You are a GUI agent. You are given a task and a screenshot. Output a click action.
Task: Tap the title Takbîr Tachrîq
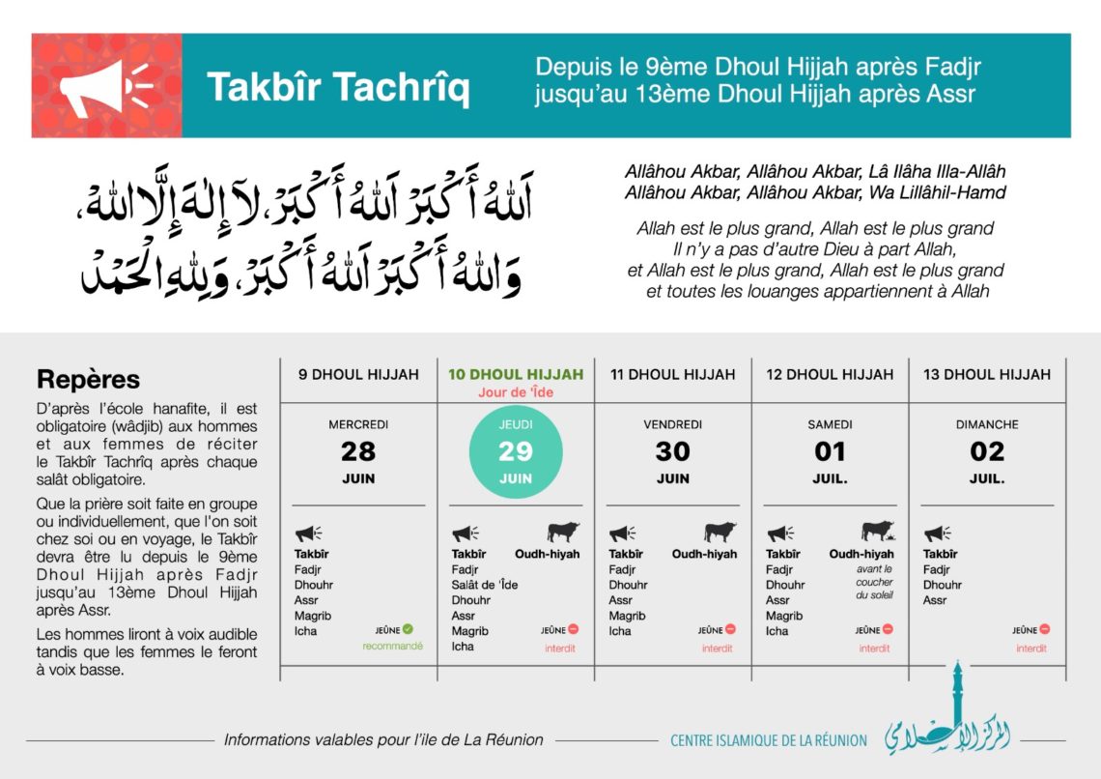(338, 87)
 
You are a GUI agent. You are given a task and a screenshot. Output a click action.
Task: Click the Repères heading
(88, 379)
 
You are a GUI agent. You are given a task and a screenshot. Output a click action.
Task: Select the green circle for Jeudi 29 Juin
(516, 451)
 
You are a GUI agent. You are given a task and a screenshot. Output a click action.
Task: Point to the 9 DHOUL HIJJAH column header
(358, 374)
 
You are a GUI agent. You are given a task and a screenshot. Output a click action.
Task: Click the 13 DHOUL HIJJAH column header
(986, 374)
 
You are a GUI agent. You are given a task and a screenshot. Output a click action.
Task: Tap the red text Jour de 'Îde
(516, 392)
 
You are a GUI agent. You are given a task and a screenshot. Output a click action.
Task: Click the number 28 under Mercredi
(358, 451)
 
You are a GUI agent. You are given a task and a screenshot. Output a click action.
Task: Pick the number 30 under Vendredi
(672, 451)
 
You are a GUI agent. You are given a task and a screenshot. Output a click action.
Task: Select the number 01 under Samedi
(830, 451)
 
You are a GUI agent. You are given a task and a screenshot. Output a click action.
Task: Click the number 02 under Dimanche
(986, 451)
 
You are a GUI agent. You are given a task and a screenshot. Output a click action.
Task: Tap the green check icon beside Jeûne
(408, 629)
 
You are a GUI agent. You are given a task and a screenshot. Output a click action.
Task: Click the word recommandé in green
(392, 646)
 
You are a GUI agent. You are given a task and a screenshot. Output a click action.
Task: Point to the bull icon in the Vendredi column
(720, 532)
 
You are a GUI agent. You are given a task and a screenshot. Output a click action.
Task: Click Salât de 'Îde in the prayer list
(485, 585)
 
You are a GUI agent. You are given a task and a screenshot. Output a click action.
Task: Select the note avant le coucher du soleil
(874, 582)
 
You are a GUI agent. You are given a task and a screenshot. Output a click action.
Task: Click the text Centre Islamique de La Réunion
(769, 740)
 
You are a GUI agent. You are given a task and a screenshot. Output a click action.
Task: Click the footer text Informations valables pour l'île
(383, 739)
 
